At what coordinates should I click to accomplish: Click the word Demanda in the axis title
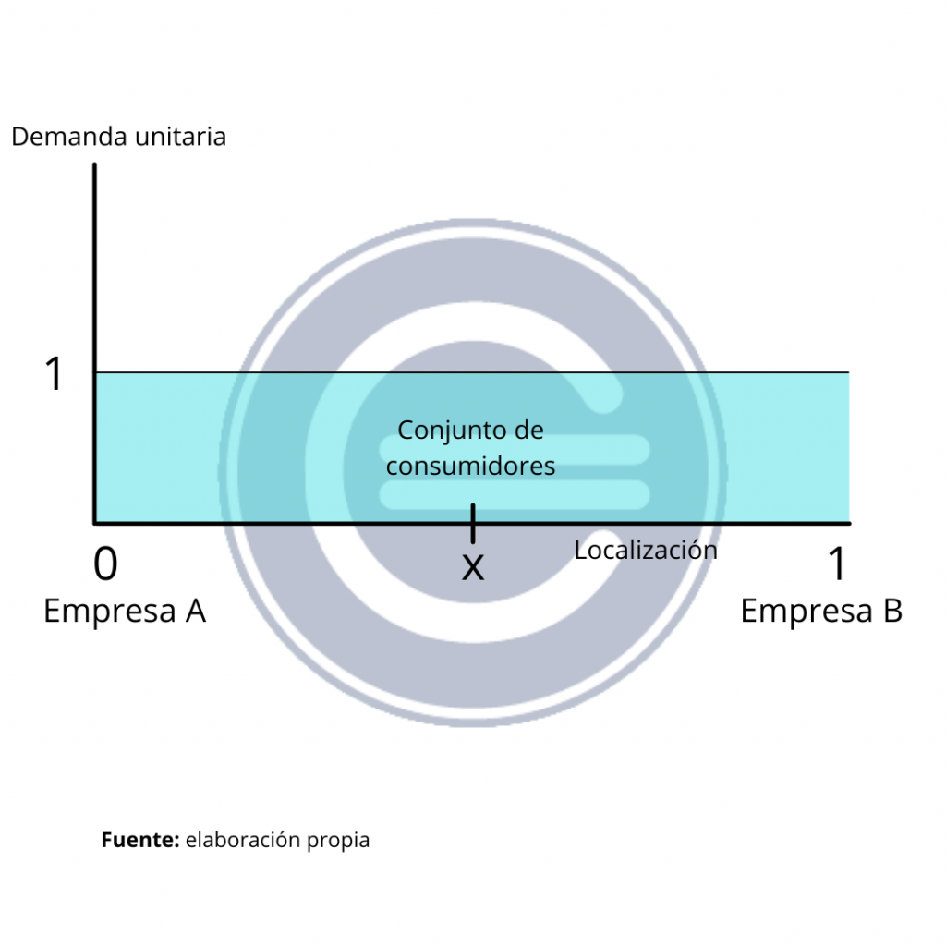(69, 137)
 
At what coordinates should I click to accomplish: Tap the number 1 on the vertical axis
(55, 374)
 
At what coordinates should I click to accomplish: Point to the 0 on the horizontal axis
(106, 564)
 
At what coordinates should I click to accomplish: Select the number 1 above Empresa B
(837, 564)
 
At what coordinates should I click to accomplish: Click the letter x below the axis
(472, 566)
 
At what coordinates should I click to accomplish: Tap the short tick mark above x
(473, 523)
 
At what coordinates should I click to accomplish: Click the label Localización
(646, 550)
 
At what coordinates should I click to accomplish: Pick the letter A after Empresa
(194, 611)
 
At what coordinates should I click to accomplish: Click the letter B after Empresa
(891, 611)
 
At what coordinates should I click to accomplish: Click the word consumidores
(470, 466)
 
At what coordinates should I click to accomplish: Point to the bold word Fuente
(139, 840)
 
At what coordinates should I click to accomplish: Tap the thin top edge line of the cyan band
(647, 372)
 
